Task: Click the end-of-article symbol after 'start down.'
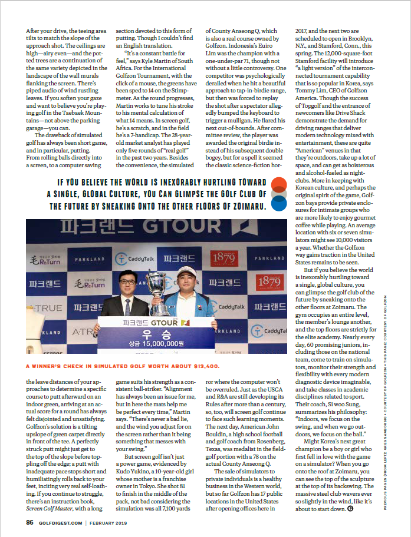[x=351, y=508]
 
